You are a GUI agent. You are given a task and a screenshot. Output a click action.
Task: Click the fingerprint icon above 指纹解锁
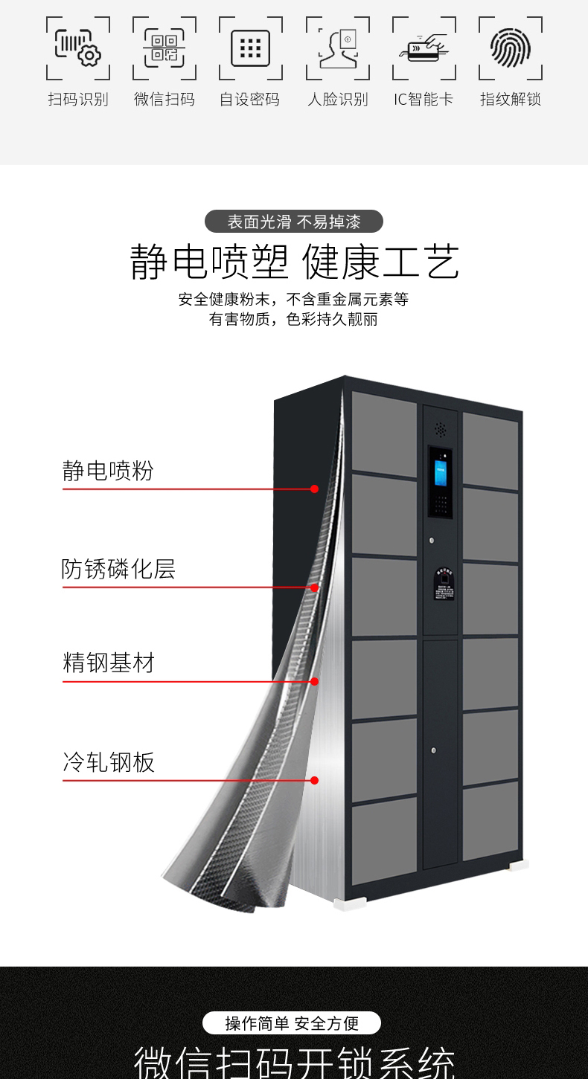click(x=511, y=48)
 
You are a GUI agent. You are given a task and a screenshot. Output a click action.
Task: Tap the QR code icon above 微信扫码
click(x=164, y=48)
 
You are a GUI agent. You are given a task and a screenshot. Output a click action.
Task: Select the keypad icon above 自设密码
click(x=251, y=48)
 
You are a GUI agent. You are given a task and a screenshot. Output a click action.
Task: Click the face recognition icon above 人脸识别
click(x=338, y=48)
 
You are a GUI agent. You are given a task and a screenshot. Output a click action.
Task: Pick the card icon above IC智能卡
click(x=424, y=48)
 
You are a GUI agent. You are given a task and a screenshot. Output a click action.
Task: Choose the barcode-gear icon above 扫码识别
click(x=78, y=48)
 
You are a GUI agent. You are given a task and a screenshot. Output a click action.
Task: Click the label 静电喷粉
click(x=108, y=471)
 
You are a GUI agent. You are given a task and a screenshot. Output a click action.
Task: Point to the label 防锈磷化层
click(x=118, y=569)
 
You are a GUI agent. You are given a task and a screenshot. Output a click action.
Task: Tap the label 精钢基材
click(x=109, y=663)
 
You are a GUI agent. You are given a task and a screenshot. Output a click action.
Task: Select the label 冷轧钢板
click(x=109, y=762)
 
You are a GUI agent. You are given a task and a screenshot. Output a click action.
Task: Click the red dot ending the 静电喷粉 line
click(x=315, y=489)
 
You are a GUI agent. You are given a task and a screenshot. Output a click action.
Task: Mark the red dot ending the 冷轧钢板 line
click(x=315, y=780)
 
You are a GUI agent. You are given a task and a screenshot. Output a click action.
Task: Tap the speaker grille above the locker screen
click(x=440, y=429)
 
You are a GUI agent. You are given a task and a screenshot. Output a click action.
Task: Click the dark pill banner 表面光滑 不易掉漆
click(x=294, y=222)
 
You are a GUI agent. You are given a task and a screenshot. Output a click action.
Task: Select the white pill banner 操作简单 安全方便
click(x=292, y=1023)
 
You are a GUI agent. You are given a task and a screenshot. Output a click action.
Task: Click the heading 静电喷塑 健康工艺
click(x=294, y=262)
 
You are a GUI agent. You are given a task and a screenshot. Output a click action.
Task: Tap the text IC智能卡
click(x=424, y=99)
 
